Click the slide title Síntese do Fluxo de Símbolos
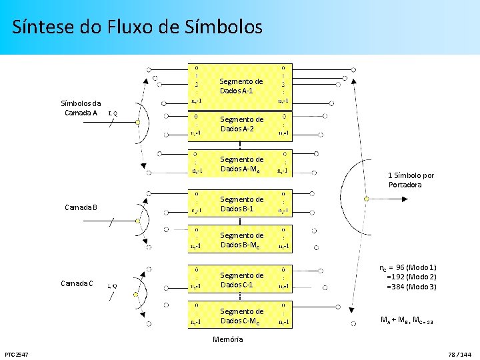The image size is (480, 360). [137, 27]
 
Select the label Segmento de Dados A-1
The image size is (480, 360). [241, 86]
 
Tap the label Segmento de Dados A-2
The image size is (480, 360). [241, 124]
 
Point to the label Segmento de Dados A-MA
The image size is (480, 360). [241, 164]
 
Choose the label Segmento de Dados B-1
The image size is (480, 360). [241, 204]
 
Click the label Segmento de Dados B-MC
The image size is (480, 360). [241, 240]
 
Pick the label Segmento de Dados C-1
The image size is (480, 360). [241, 280]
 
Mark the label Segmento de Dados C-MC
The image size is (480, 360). [241, 316]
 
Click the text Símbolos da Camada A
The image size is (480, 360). [81, 108]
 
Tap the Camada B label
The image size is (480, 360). [81, 207]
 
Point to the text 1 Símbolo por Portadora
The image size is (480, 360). [411, 180]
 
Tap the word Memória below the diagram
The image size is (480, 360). [228, 339]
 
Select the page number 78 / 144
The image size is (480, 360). [459, 353]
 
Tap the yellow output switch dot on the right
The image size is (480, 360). [366, 199]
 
